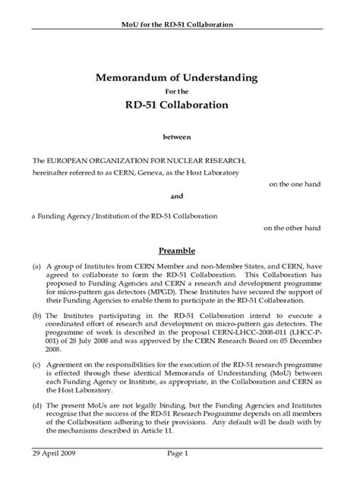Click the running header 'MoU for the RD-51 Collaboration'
click(177, 24)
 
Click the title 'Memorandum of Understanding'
click(177, 77)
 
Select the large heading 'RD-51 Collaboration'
click(177, 105)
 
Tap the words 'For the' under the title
click(177, 91)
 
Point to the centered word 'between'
click(177, 137)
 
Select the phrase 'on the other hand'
click(292, 227)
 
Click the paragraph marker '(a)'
click(36, 267)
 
